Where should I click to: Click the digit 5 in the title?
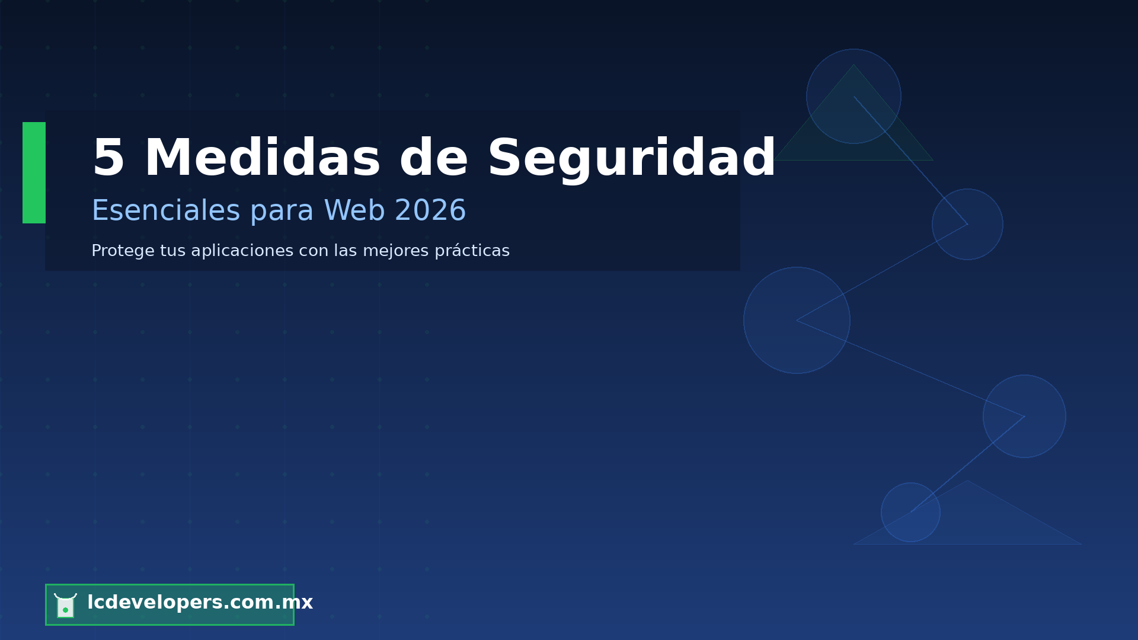tap(108, 158)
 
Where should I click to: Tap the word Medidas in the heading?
tap(262, 158)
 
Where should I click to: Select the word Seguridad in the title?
tap(631, 158)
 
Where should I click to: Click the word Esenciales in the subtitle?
tap(165, 211)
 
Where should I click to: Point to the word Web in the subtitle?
tap(354, 211)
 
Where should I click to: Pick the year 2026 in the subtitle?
tap(430, 211)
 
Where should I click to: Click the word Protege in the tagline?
tap(123, 251)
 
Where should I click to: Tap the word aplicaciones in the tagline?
tap(242, 251)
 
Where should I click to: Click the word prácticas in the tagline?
tap(472, 251)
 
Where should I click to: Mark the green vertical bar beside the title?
tap(34, 172)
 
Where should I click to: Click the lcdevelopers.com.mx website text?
tap(200, 603)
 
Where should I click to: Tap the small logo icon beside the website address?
tap(65, 605)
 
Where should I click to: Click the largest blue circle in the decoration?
tap(797, 320)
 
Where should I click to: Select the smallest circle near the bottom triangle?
tap(910, 512)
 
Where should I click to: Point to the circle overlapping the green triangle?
tap(853, 96)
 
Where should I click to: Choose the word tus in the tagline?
tap(172, 251)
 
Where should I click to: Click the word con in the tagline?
tap(314, 251)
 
